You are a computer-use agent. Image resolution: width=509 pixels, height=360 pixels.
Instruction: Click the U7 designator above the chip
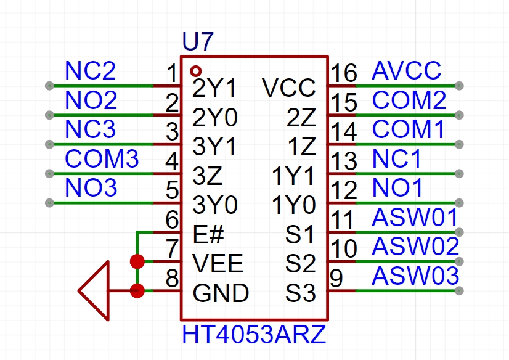pyautogui.click(x=198, y=43)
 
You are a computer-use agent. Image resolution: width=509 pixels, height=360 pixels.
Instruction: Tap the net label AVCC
pyautogui.click(x=407, y=71)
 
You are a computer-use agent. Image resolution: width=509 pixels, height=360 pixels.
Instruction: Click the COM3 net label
pyautogui.click(x=102, y=159)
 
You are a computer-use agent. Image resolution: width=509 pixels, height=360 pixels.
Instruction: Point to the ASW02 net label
pyautogui.click(x=416, y=247)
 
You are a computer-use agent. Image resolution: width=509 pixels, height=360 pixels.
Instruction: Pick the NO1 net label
pyautogui.click(x=398, y=188)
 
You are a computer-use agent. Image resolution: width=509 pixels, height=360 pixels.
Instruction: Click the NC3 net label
pyautogui.click(x=91, y=130)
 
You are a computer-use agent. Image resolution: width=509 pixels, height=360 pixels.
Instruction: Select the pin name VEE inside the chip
pyautogui.click(x=218, y=264)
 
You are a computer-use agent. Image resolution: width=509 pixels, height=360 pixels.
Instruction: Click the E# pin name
pyautogui.click(x=209, y=235)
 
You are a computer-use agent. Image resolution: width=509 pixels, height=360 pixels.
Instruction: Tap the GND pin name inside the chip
pyautogui.click(x=221, y=293)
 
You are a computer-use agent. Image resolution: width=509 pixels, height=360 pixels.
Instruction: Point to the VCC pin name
pyautogui.click(x=288, y=88)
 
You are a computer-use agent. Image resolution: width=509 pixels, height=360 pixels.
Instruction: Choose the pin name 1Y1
pyautogui.click(x=293, y=177)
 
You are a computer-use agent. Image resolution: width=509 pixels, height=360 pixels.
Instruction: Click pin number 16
pyautogui.click(x=344, y=73)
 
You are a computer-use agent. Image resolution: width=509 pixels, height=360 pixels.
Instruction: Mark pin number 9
pyautogui.click(x=336, y=279)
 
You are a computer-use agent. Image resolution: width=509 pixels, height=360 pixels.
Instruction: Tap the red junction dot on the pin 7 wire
pyautogui.click(x=137, y=261)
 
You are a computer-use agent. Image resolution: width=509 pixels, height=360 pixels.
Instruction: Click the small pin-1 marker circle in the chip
pyautogui.click(x=196, y=70)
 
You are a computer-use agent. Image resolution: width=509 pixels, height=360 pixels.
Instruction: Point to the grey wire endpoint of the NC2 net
pyautogui.click(x=49, y=86)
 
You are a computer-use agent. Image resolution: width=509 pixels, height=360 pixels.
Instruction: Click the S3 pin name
pyautogui.click(x=301, y=293)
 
